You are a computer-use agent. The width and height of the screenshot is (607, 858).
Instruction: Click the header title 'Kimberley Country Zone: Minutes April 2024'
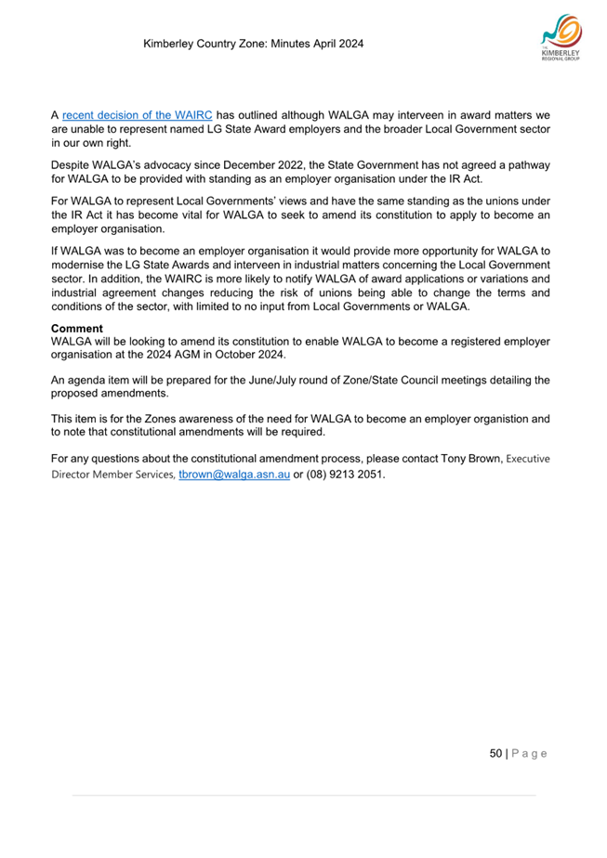coord(253,44)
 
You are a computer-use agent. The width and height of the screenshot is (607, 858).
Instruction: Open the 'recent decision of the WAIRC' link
coord(137,116)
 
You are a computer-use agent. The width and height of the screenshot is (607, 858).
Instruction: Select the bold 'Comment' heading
coord(76,329)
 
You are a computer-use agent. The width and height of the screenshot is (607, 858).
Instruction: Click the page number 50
coord(496,753)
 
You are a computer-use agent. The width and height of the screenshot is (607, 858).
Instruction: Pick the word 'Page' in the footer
coord(530,753)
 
